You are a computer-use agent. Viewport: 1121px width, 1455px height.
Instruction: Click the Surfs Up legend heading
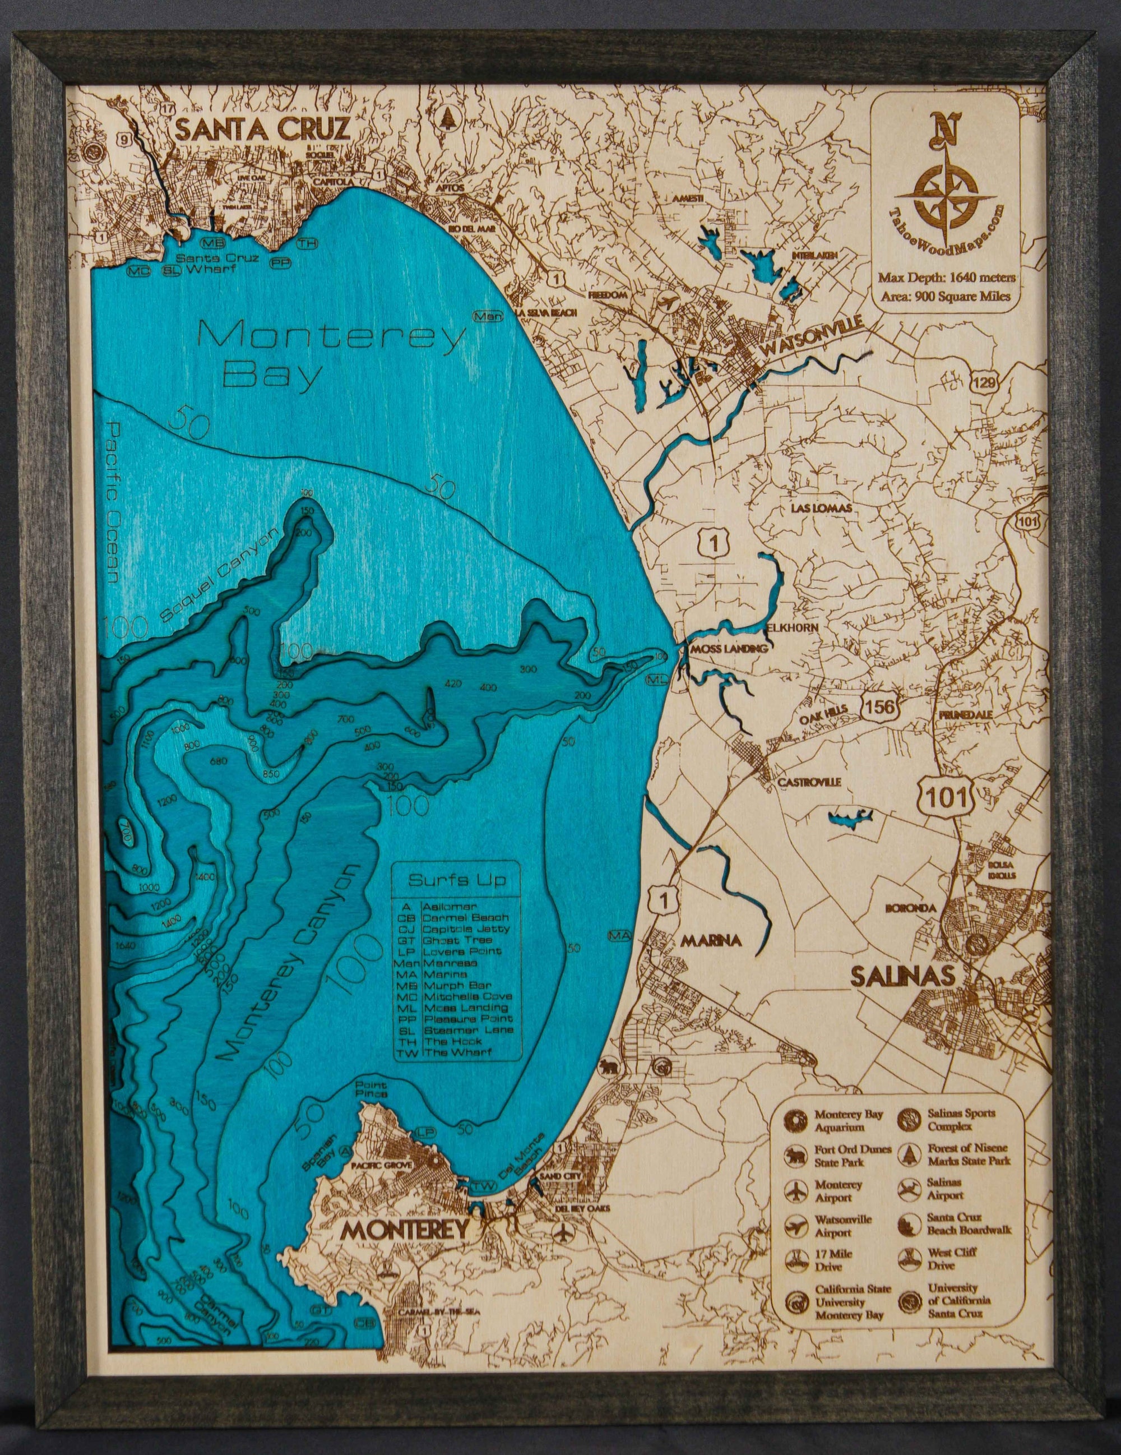[457, 880]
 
